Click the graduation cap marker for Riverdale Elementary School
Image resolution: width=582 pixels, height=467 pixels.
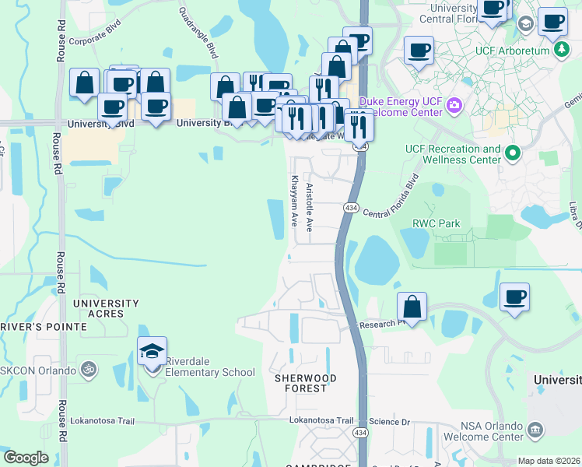tap(153, 351)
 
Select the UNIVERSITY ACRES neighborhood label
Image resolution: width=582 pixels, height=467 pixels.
tap(106, 308)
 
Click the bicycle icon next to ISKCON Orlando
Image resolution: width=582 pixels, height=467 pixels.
tap(89, 370)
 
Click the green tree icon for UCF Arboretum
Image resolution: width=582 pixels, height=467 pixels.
tap(562, 50)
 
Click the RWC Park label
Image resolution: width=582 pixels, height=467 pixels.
tap(436, 224)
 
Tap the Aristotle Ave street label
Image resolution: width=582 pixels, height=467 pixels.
tap(309, 208)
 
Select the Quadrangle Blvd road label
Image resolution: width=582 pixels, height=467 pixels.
tap(198, 33)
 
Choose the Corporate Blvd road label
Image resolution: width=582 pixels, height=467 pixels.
tap(97, 41)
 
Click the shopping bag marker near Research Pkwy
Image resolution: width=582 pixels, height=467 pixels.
tap(412, 307)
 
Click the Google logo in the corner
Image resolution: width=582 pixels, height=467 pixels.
tap(26, 458)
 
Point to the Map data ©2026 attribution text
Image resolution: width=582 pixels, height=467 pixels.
tap(548, 461)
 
